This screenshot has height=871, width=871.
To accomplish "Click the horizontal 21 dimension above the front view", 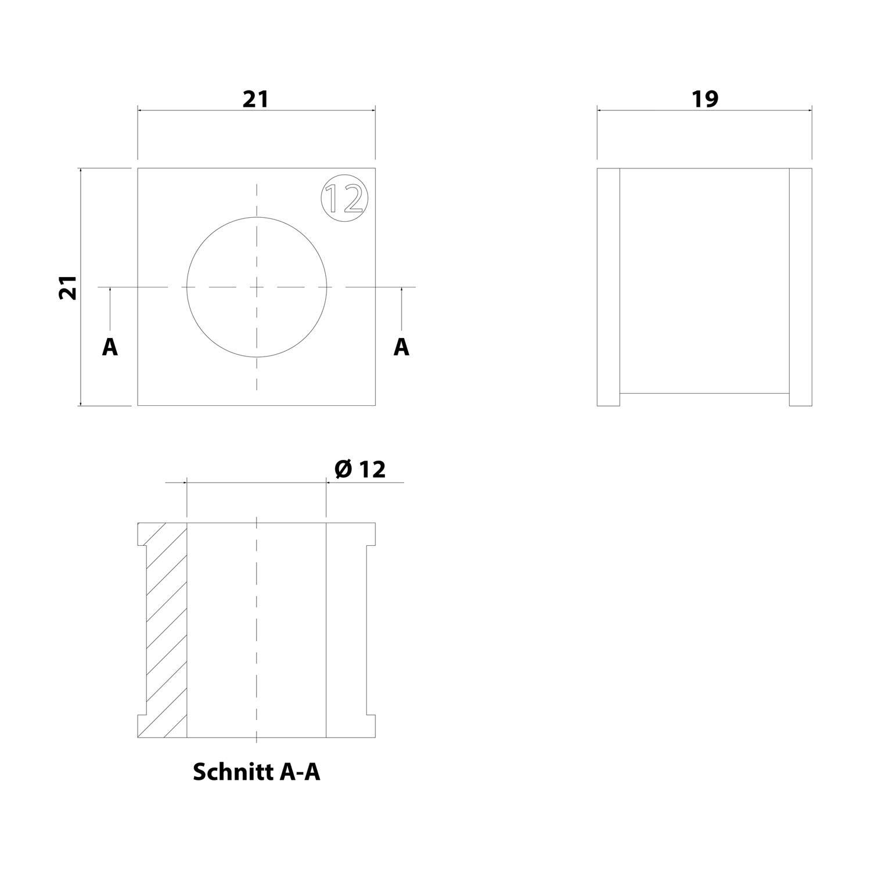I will pyautogui.click(x=255, y=99).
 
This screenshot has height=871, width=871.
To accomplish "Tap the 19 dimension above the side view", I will pyautogui.click(x=704, y=99).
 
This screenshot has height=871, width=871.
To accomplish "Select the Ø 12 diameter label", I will pyautogui.click(x=361, y=469).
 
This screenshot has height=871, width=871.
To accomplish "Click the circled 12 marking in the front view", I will pyautogui.click(x=344, y=198).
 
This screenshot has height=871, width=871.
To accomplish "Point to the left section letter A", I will pyautogui.click(x=110, y=347).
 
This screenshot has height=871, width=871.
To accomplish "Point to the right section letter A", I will pyautogui.click(x=401, y=347).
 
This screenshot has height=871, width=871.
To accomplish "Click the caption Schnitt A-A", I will pyautogui.click(x=256, y=772).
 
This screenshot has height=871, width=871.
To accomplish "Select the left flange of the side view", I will pyautogui.click(x=609, y=287).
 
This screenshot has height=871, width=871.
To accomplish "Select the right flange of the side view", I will pyautogui.click(x=800, y=287).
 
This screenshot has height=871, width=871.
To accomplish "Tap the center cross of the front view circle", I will pyautogui.click(x=257, y=287).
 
